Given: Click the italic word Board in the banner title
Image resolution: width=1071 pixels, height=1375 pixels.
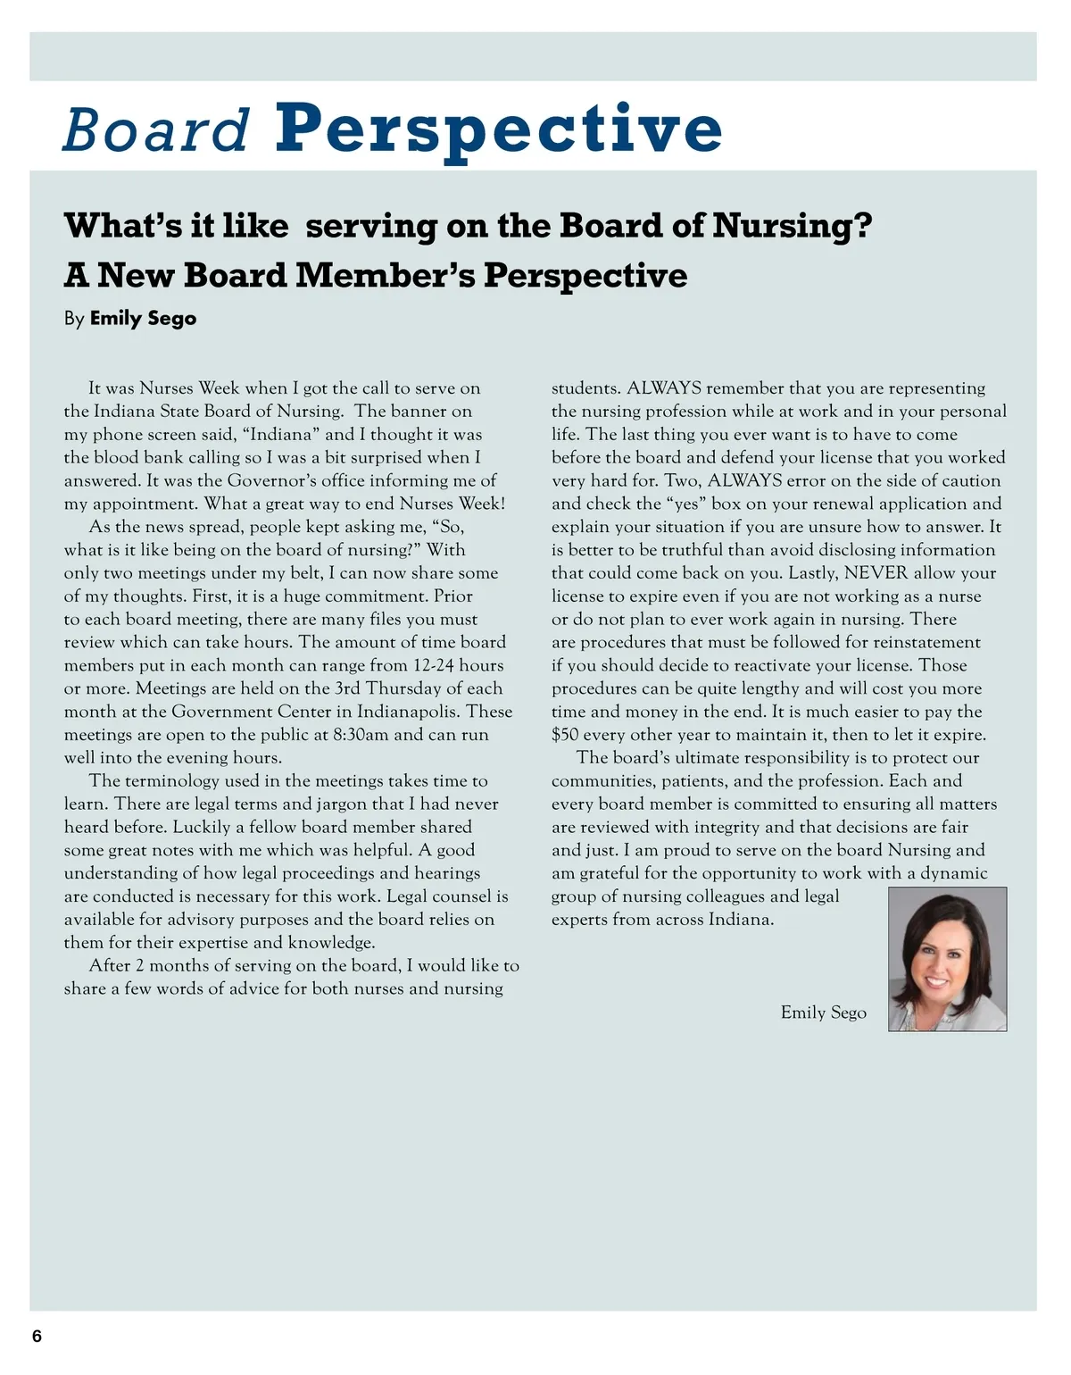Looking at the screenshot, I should tap(155, 129).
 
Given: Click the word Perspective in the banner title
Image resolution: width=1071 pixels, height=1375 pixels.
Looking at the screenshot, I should tap(498, 129).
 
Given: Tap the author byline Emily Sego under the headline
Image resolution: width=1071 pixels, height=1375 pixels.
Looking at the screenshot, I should tap(143, 319).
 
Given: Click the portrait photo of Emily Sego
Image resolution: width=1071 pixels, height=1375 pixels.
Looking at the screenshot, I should tap(947, 959).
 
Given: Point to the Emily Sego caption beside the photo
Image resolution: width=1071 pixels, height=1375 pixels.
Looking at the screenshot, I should tap(823, 1012).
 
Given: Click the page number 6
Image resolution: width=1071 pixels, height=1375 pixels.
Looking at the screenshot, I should tap(37, 1336).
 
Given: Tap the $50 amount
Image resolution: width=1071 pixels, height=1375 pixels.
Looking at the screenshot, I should tap(564, 735).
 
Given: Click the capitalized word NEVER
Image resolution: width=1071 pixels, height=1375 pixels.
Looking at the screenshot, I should tap(876, 573).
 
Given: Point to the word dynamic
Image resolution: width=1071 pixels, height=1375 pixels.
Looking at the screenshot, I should tap(953, 873).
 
